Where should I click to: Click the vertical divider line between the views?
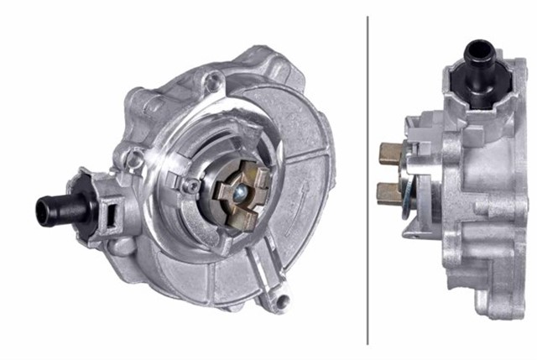tap(368, 180)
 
